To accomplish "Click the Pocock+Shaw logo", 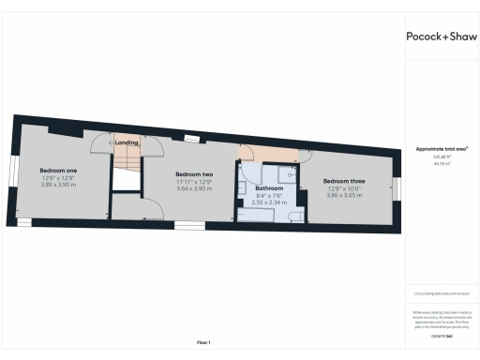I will [441, 37].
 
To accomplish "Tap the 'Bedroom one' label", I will [58, 170].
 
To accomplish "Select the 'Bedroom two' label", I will [194, 175].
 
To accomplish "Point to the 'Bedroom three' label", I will [344, 180].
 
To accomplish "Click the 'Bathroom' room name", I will [269, 188].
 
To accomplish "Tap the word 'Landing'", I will [127, 142].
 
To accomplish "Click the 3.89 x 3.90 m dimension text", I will [58, 185].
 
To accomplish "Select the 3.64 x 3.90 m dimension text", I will [194, 189].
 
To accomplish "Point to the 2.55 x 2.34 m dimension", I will [269, 202].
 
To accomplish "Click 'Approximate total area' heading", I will [442, 149].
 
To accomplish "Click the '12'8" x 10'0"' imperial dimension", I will [344, 187].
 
